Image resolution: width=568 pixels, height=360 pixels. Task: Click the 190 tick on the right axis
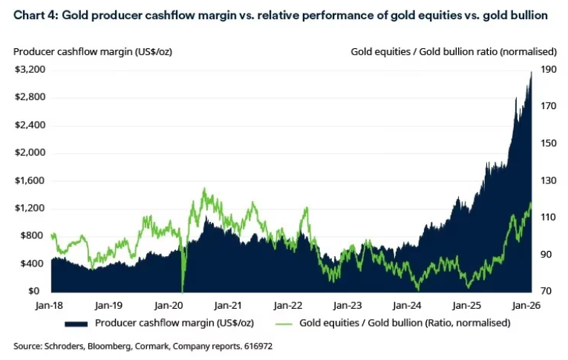[548, 69]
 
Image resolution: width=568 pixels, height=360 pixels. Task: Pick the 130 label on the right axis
[548, 180]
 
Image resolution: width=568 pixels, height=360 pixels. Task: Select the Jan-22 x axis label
[288, 305]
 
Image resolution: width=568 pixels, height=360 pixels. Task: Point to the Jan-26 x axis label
[526, 305]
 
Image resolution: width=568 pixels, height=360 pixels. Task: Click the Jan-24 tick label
[407, 305]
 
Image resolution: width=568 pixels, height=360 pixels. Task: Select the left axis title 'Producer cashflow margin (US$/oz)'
[92, 51]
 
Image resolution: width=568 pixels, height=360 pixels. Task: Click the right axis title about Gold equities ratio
[454, 51]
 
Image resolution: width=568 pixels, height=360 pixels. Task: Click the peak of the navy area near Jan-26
[531, 72]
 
